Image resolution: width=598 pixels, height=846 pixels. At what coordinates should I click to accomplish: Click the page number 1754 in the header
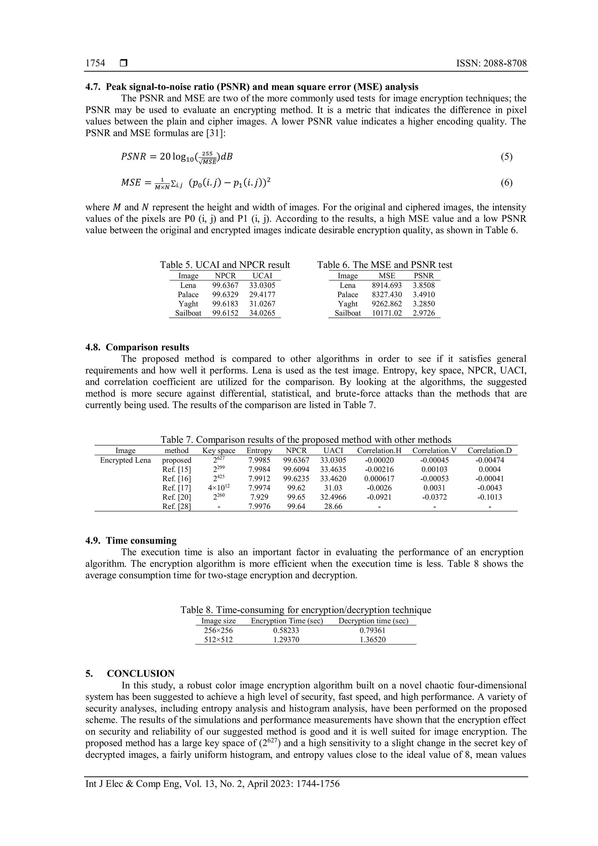tap(95, 63)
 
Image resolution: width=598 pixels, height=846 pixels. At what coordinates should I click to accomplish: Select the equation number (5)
tap(506, 157)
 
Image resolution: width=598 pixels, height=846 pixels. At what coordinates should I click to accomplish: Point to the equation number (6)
tap(506, 183)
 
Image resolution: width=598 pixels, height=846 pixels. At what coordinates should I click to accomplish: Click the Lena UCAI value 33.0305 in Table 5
tap(262, 285)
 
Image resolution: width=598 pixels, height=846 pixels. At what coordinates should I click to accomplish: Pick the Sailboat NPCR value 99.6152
tap(225, 313)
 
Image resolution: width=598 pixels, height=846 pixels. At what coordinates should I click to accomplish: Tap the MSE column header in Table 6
tap(387, 275)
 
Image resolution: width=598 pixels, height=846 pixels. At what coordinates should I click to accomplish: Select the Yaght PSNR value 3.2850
tap(424, 304)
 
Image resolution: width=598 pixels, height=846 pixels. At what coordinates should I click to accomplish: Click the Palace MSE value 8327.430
tap(387, 295)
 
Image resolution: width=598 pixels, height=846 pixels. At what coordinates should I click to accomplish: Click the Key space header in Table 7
tap(219, 451)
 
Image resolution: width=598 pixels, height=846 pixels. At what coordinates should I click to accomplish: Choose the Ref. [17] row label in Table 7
tap(177, 488)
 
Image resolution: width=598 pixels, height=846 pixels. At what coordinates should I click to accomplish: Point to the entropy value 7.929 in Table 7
tap(259, 497)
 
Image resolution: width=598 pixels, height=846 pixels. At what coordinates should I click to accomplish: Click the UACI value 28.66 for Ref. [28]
tap(333, 507)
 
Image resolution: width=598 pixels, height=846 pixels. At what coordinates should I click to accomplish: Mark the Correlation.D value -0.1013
tap(489, 497)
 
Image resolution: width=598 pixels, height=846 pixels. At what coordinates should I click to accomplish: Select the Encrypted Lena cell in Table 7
tap(126, 460)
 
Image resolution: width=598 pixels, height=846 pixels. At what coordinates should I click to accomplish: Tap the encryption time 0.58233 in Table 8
tap(286, 630)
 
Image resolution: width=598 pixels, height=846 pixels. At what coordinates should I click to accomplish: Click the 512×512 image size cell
tap(218, 640)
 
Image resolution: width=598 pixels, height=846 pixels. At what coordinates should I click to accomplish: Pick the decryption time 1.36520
tap(373, 640)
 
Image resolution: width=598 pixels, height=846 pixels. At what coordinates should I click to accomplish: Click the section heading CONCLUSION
tap(141, 674)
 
